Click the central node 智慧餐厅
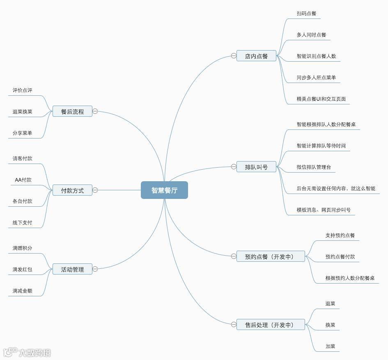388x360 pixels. [164, 190]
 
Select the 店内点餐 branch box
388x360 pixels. [256, 56]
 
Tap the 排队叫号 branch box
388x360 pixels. [256, 167]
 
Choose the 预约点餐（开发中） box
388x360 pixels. [271, 256]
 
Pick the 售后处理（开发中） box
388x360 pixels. [271, 325]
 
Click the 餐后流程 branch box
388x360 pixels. [72, 111]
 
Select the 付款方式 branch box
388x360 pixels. [72, 190]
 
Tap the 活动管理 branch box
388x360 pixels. [72, 269]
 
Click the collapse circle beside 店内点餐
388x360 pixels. [234, 56]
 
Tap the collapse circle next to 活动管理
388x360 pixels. [95, 269]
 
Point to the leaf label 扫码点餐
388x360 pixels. [306, 13]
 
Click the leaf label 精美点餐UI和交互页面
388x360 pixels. [321, 99]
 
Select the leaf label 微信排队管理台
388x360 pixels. [314, 167]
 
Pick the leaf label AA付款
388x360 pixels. [23, 180]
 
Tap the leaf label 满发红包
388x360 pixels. [22, 269]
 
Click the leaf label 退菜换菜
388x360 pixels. [22, 111]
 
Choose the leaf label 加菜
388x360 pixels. [330, 346]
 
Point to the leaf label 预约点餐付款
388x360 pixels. [340, 256]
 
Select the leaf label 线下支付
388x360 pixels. [22, 222]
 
